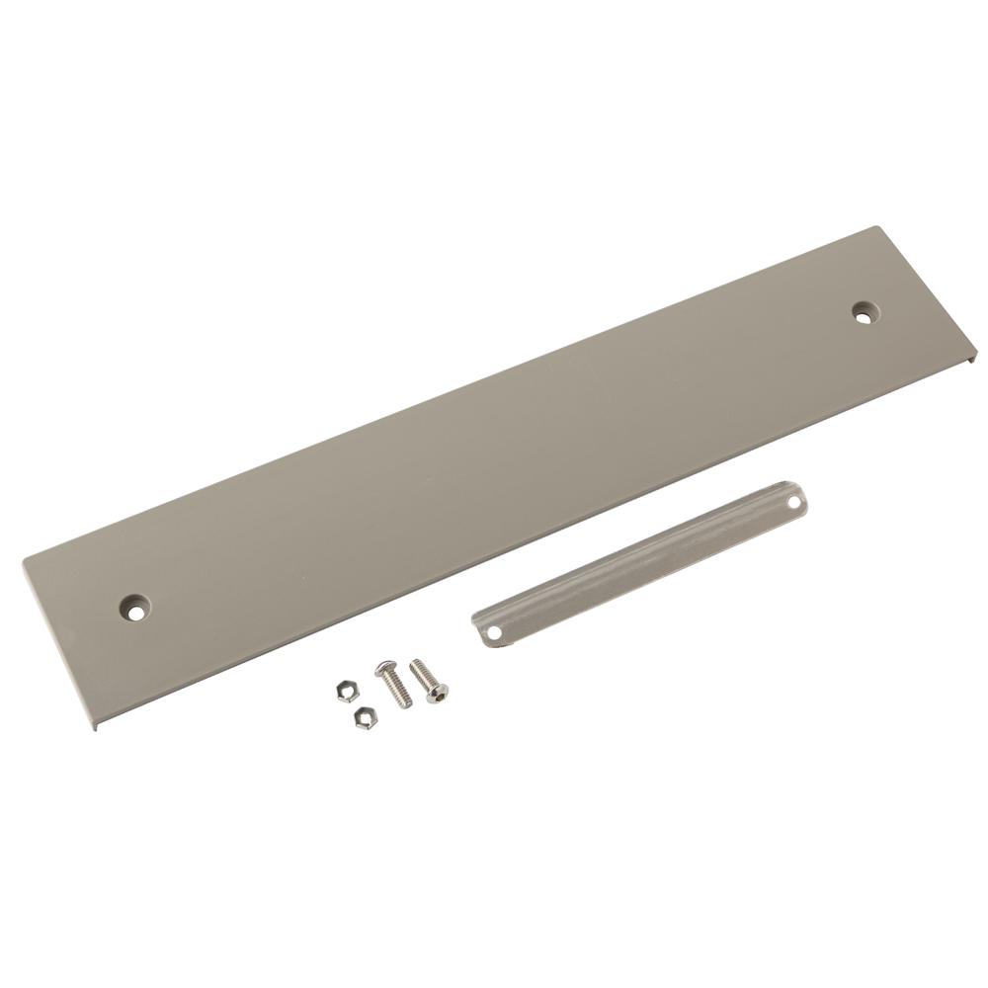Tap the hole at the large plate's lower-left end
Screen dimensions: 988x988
135,606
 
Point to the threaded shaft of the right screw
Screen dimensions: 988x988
425,675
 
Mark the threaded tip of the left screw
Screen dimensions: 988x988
406,703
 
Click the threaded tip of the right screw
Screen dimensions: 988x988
415,663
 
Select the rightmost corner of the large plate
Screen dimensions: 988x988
976,354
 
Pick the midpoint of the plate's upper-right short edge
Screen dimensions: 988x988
929,290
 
